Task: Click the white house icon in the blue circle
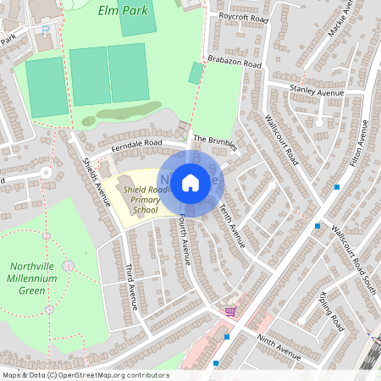pos(190,181)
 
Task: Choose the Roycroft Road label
pos(244,17)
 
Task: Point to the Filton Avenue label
pos(360,145)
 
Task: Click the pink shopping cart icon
pos(229,312)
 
